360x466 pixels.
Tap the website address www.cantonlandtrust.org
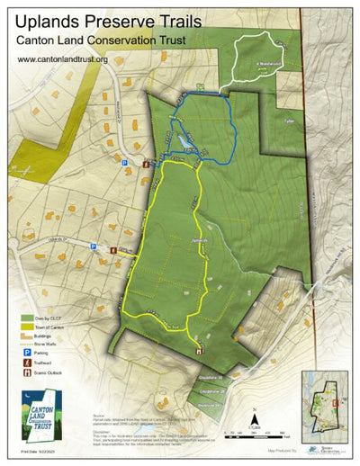[x=62, y=60]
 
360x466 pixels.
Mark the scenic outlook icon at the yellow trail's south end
[x=199, y=350]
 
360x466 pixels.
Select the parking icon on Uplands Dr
[x=94, y=243]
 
